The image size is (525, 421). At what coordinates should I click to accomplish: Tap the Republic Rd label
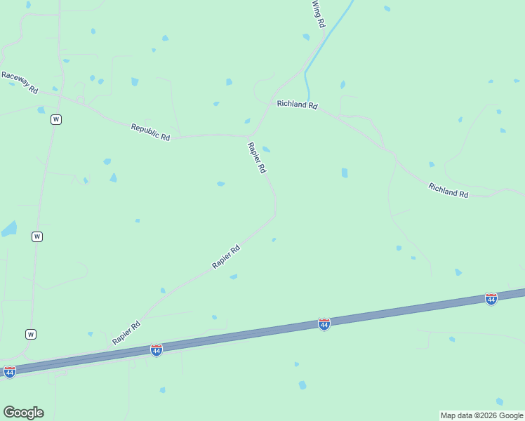(x=150, y=132)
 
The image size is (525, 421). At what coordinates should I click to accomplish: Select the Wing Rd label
(x=319, y=14)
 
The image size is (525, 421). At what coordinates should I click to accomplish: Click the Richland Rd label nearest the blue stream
(x=297, y=105)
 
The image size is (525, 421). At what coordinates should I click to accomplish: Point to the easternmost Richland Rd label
(x=448, y=190)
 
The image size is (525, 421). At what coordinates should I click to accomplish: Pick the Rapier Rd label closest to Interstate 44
(x=126, y=333)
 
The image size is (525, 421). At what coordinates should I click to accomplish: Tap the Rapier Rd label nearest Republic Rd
(x=257, y=158)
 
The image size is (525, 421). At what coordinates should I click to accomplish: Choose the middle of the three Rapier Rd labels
(x=226, y=257)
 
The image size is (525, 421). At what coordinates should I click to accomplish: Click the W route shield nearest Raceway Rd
(x=55, y=119)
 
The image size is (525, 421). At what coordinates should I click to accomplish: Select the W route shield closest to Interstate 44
(x=31, y=334)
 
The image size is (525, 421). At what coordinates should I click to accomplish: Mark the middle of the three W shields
(x=37, y=236)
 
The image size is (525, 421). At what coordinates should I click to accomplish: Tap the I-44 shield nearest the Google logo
(x=10, y=372)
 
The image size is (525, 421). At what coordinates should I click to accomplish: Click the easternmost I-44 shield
(x=491, y=299)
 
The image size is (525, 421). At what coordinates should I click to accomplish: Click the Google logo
(x=23, y=413)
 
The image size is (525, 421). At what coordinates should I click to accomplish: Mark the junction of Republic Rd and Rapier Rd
(x=251, y=135)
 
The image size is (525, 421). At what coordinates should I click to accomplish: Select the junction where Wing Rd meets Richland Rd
(x=271, y=103)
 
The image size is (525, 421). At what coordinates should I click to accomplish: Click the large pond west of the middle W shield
(x=8, y=229)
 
